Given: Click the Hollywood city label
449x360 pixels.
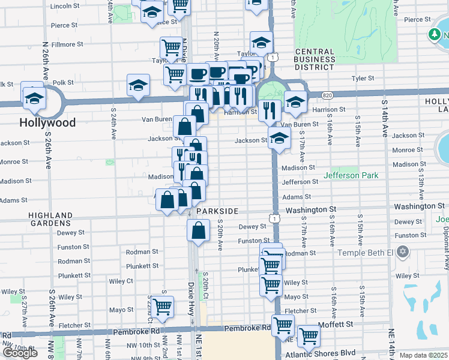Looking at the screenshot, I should point(47,122).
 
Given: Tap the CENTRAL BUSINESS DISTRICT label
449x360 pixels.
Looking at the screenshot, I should point(314,59).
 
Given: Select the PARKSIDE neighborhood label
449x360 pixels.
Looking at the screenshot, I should point(216,211).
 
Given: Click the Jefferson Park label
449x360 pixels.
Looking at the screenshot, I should point(351,176).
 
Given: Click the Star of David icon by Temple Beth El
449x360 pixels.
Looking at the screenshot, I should point(403,251).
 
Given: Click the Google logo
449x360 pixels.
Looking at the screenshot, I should point(20,352).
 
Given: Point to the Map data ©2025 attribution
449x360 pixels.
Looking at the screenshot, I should point(423,355).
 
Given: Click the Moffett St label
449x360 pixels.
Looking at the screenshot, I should point(340,324).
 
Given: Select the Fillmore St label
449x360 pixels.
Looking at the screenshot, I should point(67,44).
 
